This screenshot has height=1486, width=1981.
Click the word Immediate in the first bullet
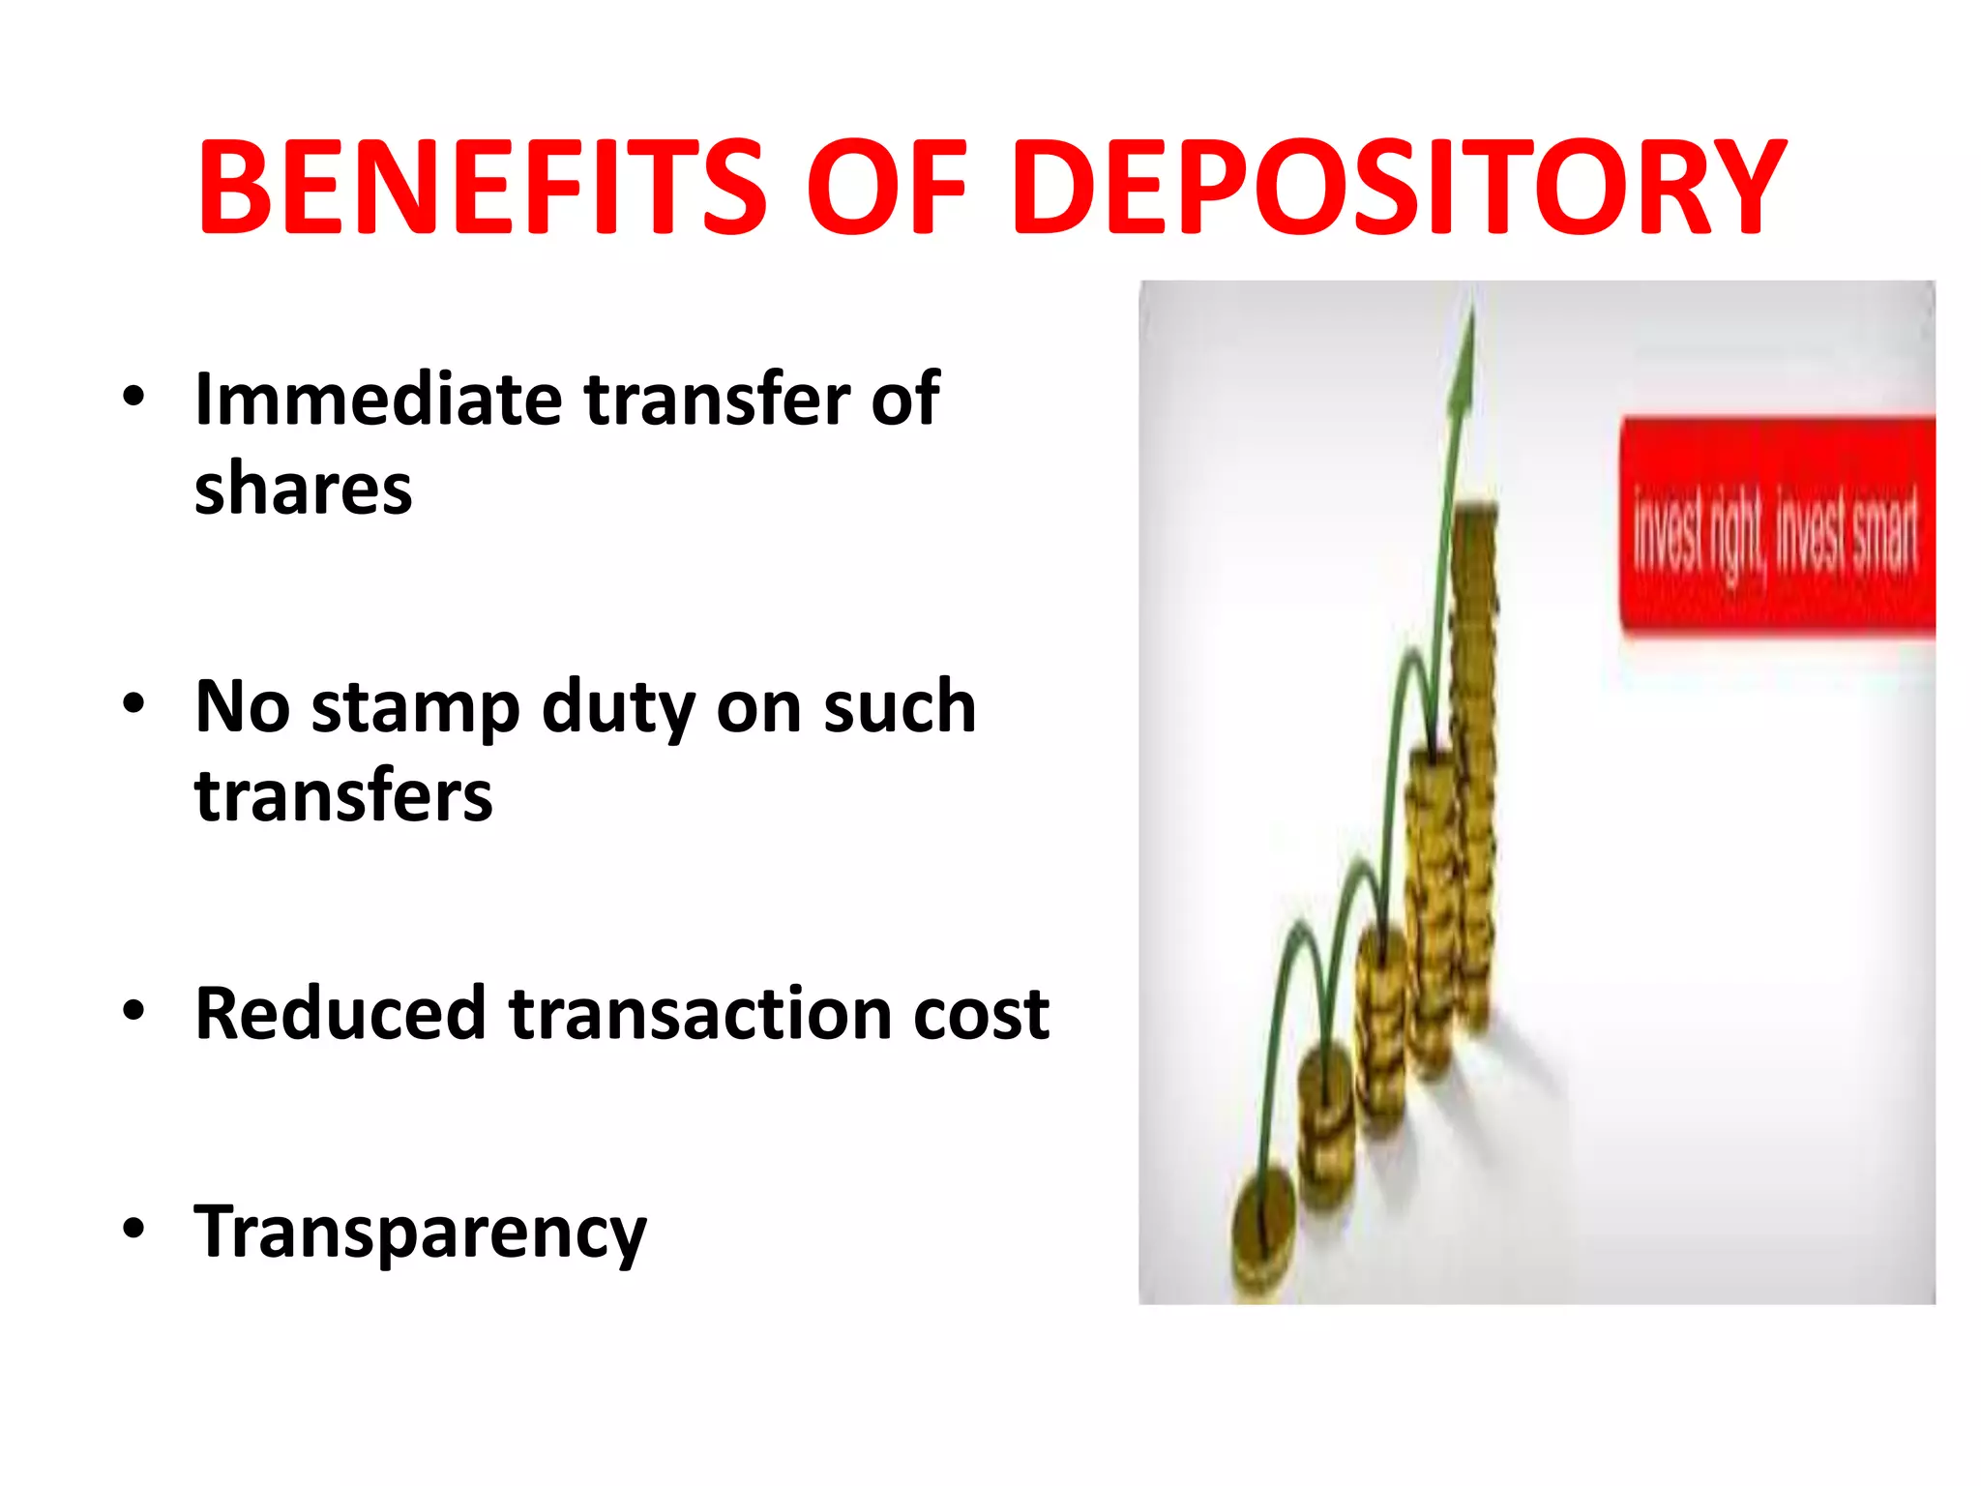point(378,399)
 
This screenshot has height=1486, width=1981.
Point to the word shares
point(303,489)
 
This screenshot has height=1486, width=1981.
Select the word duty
point(617,709)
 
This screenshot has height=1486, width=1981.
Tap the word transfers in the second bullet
point(343,796)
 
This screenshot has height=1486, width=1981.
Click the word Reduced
point(340,1014)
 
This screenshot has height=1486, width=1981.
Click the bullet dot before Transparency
point(133,1229)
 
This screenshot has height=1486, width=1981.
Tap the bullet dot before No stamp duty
point(133,703)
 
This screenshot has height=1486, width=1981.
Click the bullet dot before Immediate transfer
point(133,396)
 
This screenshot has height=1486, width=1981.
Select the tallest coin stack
point(1473,764)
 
